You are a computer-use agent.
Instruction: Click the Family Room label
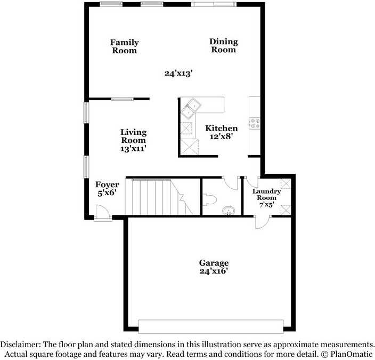[x=124, y=46]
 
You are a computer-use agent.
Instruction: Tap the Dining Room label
[x=223, y=45]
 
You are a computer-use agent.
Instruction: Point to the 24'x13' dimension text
[x=178, y=73]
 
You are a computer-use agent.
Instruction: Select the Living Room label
[x=133, y=136]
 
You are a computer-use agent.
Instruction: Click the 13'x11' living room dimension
[x=133, y=149]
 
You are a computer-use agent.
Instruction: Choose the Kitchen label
[x=222, y=129]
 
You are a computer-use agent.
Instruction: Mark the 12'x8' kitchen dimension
[x=222, y=137]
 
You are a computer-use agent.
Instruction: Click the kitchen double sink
[x=191, y=108]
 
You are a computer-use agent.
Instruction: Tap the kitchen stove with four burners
[x=255, y=124]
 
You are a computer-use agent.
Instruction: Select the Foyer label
[x=107, y=185]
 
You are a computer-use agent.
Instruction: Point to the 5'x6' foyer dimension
[x=107, y=194]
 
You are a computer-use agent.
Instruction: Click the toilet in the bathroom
[x=209, y=200]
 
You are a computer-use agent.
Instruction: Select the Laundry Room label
[x=266, y=194]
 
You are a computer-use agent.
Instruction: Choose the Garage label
[x=214, y=263]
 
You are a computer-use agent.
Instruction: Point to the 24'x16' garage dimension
[x=214, y=271]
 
